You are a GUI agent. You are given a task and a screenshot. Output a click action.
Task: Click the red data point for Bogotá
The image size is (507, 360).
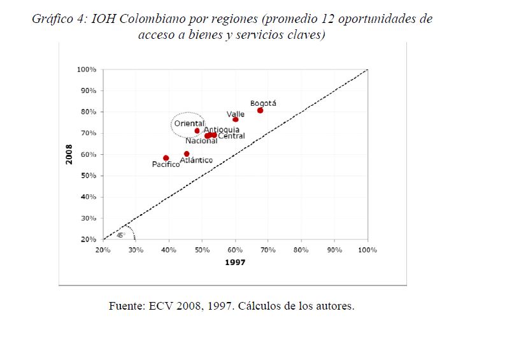tap(260, 110)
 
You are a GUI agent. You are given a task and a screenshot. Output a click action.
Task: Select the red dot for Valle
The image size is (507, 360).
tap(236, 119)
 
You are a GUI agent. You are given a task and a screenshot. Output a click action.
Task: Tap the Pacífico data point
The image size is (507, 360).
tap(166, 158)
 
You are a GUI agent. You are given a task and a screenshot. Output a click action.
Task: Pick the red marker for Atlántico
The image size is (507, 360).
tap(187, 154)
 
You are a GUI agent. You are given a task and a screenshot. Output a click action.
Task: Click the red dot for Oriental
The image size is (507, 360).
tap(197, 131)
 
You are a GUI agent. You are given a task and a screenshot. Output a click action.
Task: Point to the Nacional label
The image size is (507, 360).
tap(201, 141)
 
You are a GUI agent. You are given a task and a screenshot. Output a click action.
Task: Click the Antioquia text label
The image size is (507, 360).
tap(221, 129)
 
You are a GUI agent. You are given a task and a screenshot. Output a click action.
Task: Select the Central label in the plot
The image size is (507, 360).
tap(231, 136)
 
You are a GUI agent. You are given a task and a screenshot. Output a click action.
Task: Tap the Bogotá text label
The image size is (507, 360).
tap(263, 103)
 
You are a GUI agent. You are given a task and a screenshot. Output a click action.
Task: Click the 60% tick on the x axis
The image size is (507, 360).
tap(235, 250)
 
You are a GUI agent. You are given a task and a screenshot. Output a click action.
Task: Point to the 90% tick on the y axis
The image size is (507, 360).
tap(87, 90)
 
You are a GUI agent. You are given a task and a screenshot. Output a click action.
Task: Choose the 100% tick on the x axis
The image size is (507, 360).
tap(368, 250)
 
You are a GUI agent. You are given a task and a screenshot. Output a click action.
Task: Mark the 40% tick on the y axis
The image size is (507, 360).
tap(87, 197)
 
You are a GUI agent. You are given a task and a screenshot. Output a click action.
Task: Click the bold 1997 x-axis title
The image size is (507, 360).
tap(235, 262)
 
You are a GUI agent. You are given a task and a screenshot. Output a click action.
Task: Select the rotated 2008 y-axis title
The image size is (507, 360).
tap(69, 154)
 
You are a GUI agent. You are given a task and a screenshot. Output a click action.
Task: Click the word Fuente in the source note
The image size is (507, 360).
tap(127, 306)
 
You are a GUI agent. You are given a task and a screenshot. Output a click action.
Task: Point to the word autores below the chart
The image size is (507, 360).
tap(332, 306)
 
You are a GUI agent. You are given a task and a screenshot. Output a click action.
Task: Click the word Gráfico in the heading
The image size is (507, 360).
tap(52, 19)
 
